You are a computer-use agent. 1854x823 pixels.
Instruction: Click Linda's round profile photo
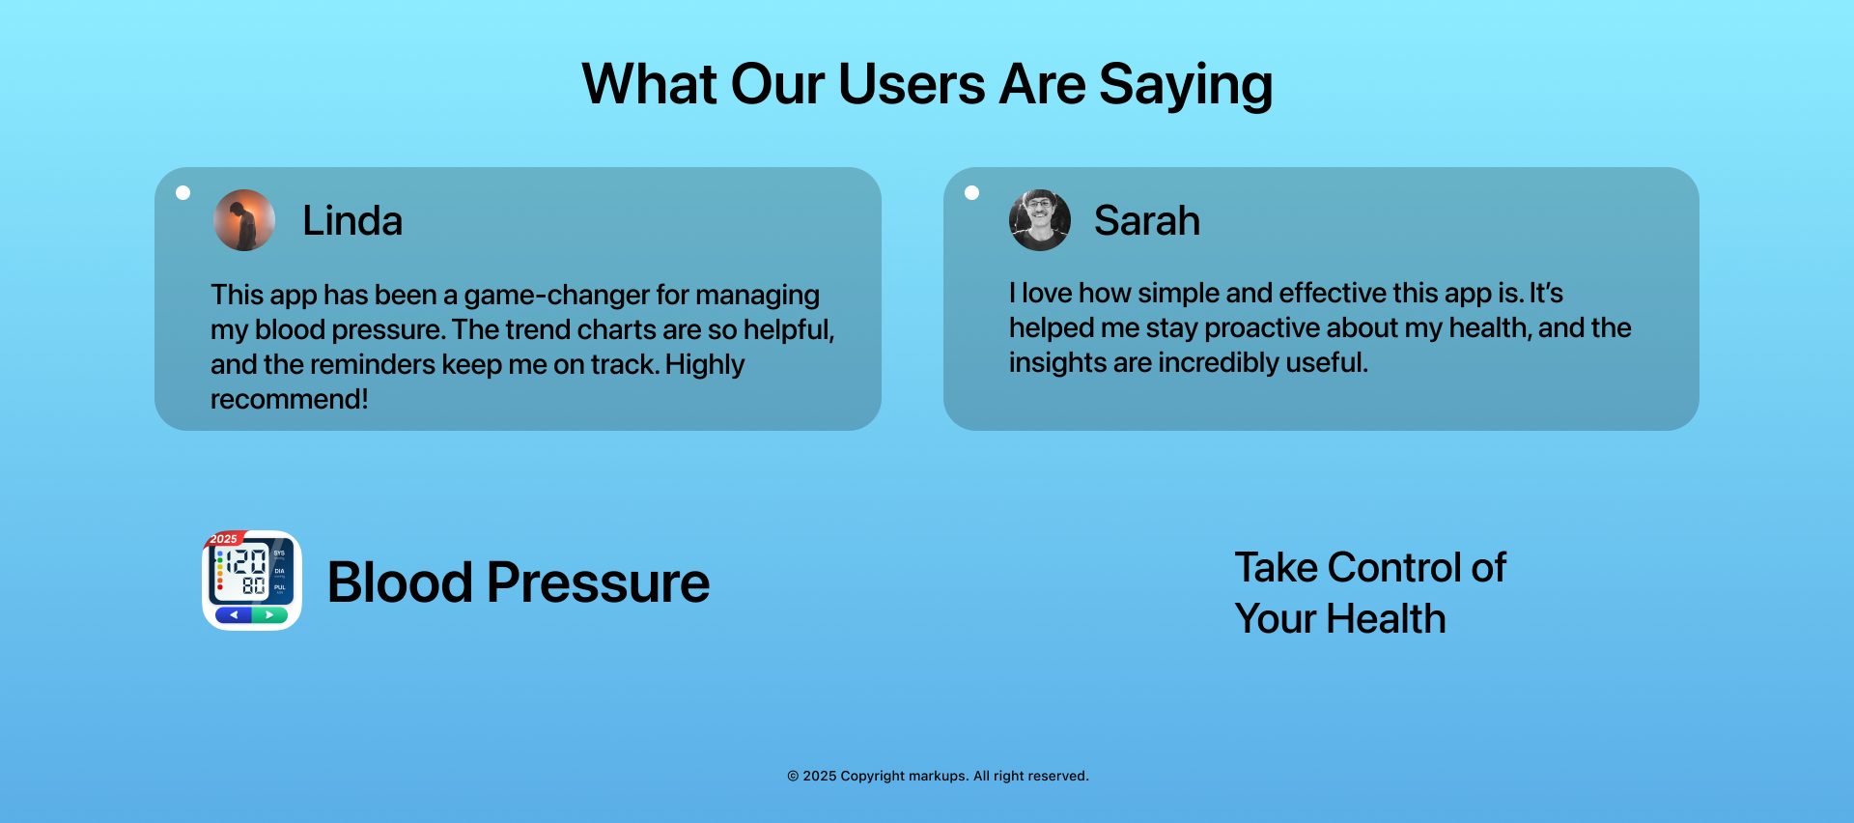click(244, 220)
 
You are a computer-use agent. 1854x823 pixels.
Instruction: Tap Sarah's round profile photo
click(1040, 220)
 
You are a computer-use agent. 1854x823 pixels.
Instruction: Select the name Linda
click(352, 221)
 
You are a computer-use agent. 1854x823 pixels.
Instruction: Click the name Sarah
click(1147, 221)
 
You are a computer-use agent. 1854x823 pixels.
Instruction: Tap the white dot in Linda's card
click(183, 192)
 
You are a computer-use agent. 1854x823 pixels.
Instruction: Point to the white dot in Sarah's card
click(972, 192)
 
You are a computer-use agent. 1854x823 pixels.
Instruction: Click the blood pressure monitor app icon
click(252, 581)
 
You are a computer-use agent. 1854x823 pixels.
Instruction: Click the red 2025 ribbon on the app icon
click(224, 538)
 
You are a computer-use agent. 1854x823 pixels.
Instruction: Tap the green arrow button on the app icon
click(270, 615)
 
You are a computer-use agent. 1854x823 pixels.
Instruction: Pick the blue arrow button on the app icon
click(234, 615)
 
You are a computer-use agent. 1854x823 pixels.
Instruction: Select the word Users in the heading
click(912, 84)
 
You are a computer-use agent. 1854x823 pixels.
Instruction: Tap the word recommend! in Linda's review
click(290, 399)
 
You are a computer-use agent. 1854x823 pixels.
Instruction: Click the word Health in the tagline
click(1386, 619)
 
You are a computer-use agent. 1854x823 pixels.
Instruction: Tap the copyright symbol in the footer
click(793, 776)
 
